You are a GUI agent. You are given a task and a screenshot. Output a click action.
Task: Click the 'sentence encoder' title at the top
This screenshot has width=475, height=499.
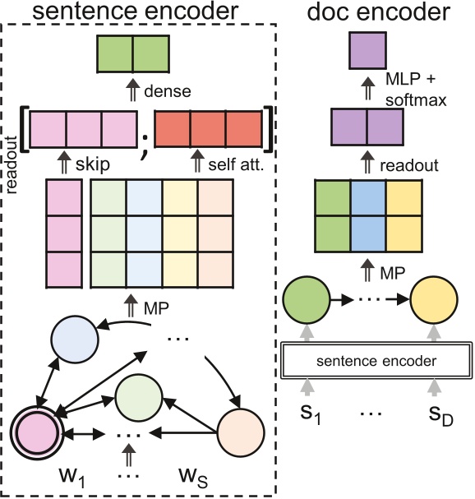[x=138, y=12]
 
